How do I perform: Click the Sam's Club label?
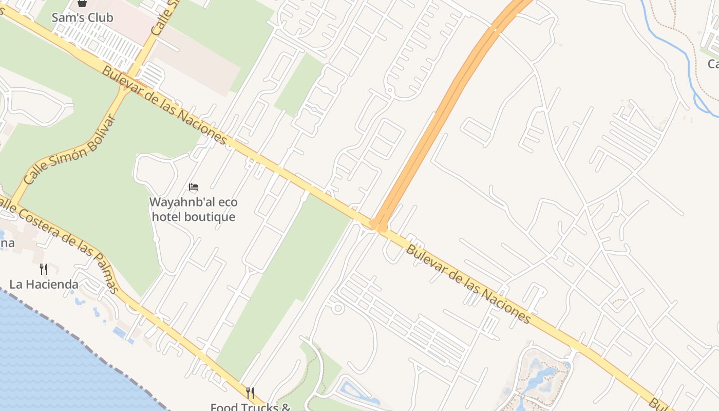(x=82, y=17)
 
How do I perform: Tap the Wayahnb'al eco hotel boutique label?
(x=193, y=209)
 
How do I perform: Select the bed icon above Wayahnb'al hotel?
(x=194, y=187)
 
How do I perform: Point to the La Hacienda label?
(x=44, y=284)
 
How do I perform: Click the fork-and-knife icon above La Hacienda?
(x=44, y=269)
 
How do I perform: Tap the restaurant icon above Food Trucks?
(x=250, y=393)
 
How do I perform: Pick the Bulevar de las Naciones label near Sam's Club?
(x=164, y=105)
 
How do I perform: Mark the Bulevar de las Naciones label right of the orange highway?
(x=467, y=283)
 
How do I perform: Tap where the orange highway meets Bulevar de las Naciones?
(x=379, y=226)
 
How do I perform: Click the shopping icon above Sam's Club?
(x=82, y=3)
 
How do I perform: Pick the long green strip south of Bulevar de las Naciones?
(x=288, y=283)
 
